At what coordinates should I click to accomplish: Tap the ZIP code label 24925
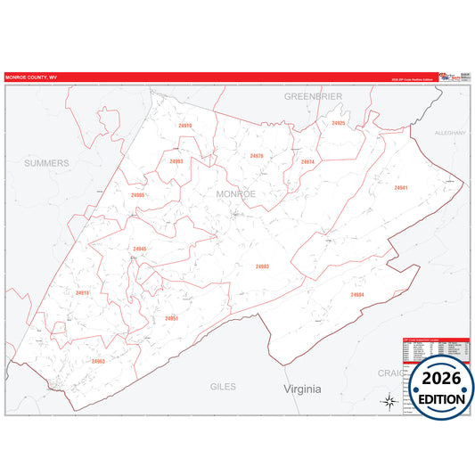(x=338, y=123)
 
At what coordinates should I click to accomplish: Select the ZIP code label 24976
(x=257, y=156)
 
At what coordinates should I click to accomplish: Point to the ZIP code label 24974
(x=307, y=161)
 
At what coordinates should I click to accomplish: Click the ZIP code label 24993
(x=176, y=161)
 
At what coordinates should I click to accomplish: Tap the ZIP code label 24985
(x=137, y=194)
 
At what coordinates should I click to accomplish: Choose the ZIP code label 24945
(x=140, y=249)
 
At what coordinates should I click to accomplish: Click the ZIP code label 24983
(x=262, y=266)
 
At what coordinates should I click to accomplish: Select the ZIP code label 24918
(x=82, y=292)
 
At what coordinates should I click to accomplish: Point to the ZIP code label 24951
(x=172, y=318)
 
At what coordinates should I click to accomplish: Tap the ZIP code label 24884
(x=357, y=294)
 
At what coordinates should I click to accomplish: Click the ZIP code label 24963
(x=98, y=361)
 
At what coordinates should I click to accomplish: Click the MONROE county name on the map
(x=235, y=193)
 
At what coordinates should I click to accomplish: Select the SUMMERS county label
(x=46, y=163)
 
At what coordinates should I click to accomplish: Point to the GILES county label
(x=223, y=388)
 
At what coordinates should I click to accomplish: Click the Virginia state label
(x=302, y=389)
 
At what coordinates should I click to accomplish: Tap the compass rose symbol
(x=389, y=400)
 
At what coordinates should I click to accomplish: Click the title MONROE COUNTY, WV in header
(x=30, y=77)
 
